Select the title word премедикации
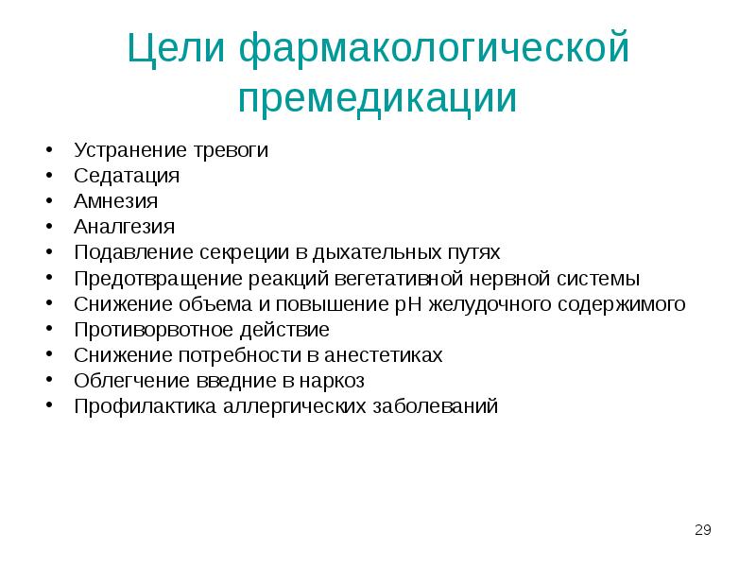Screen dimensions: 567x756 377,99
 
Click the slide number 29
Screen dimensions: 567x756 702,529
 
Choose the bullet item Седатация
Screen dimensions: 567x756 126,176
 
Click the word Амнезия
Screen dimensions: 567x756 115,201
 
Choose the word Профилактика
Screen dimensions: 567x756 145,407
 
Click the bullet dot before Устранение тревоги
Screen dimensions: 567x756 46,151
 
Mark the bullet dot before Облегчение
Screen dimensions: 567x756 46,382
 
